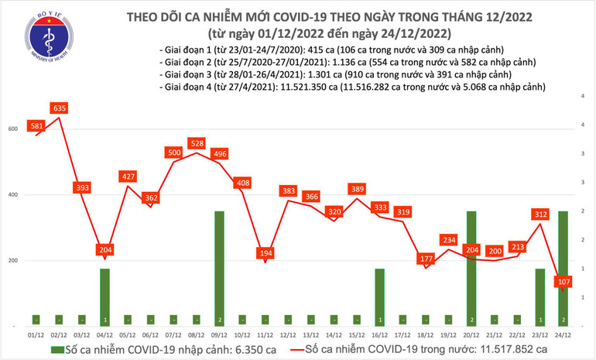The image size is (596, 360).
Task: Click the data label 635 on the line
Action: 59,108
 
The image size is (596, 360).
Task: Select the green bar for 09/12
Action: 219,267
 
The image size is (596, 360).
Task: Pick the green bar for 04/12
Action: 104,297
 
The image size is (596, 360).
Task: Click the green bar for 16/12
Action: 379,297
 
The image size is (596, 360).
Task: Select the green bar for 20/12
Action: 471,267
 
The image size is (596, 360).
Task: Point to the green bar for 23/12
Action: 539,297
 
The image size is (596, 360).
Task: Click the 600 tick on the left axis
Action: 12,129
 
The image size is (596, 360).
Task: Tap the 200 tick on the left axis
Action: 12,261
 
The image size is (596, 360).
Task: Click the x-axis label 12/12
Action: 288,334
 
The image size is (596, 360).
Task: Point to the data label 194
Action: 265,253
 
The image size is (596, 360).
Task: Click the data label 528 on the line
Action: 197,143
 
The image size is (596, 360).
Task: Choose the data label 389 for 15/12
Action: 357,189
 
